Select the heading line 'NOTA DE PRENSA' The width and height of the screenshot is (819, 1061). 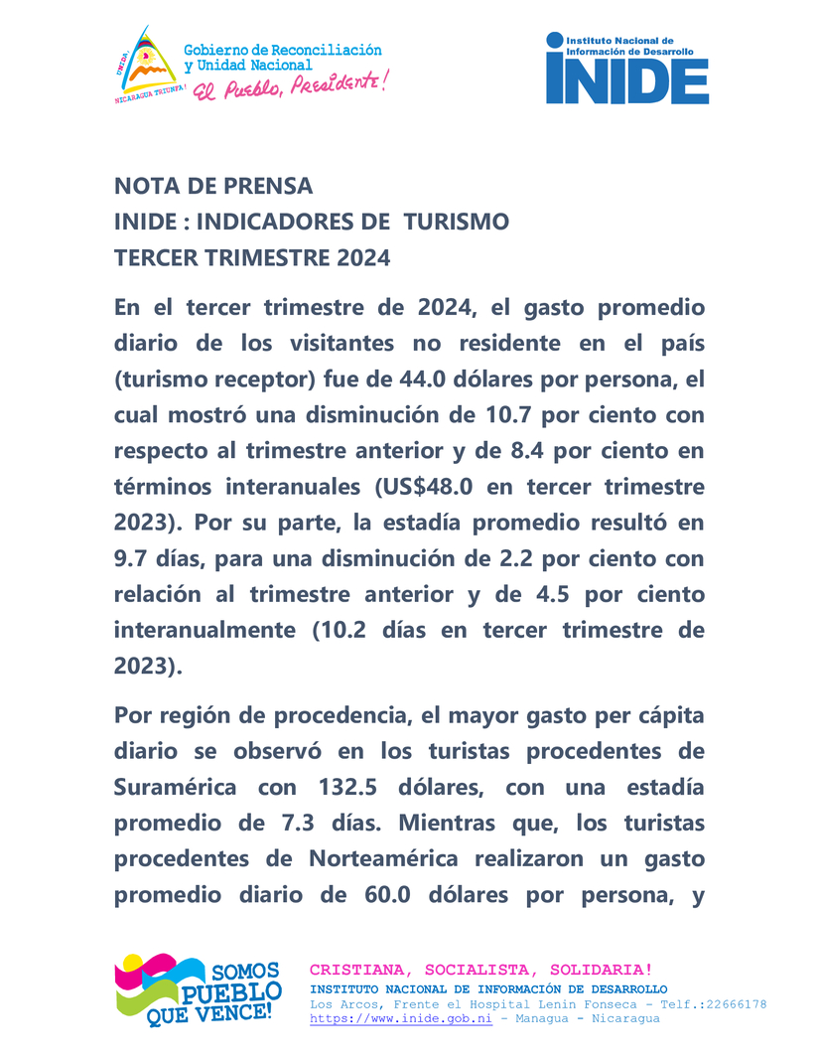213,186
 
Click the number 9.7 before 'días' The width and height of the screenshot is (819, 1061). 132,558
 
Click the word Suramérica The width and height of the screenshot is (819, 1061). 176,788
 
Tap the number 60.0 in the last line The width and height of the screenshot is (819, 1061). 381,895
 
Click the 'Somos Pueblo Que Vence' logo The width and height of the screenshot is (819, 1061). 198,989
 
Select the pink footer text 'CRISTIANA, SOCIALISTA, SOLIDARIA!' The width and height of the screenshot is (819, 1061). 481,969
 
